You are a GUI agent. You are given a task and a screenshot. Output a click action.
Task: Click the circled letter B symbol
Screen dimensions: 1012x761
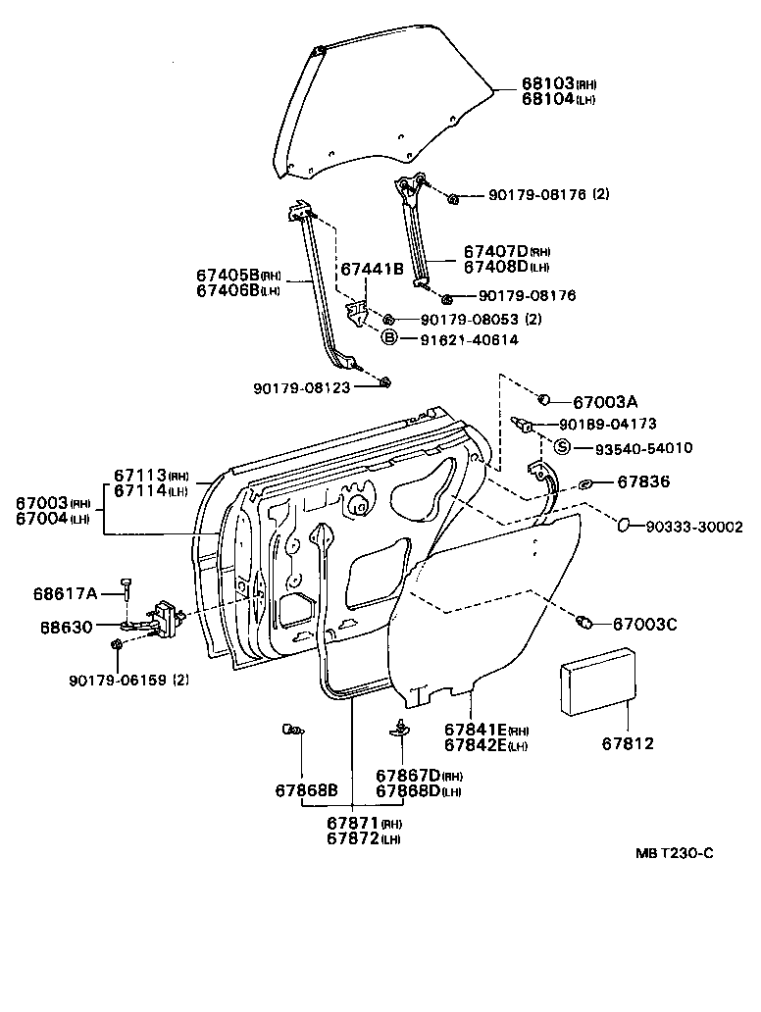388,338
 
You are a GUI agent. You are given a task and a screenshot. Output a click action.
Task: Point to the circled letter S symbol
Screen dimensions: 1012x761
562,448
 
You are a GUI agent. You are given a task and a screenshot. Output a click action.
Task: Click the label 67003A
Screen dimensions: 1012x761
605,402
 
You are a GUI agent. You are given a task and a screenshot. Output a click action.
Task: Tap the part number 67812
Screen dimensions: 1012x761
628,744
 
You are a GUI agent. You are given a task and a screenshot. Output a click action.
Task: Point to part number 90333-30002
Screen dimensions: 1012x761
693,527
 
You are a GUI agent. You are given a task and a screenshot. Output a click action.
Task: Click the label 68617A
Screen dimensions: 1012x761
65,593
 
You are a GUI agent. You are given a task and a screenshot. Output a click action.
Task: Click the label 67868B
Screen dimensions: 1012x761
306,790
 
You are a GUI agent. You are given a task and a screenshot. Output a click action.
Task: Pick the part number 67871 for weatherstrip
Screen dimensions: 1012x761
351,824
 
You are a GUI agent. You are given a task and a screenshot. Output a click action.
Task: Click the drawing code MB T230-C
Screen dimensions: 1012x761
674,853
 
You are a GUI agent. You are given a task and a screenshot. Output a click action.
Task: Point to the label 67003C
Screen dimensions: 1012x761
645,624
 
